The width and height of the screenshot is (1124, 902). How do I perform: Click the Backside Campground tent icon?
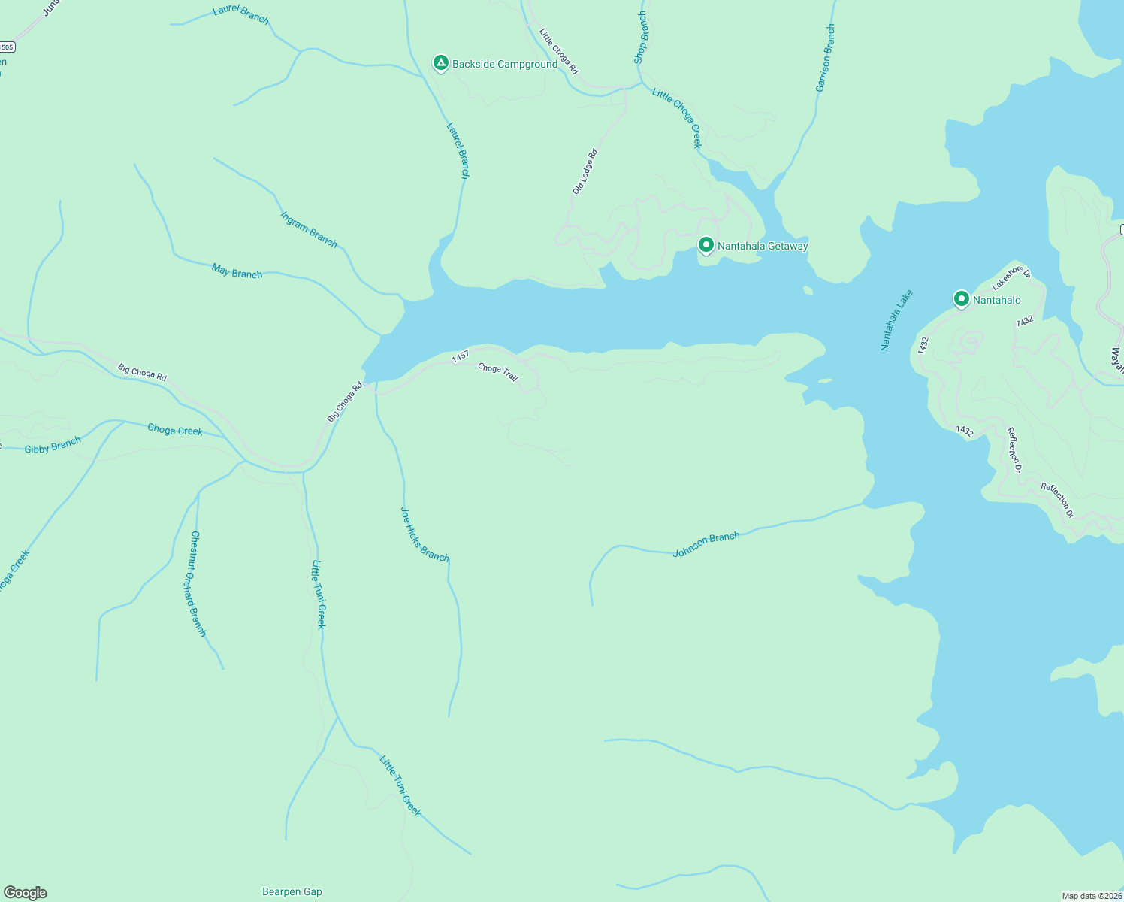[441, 63]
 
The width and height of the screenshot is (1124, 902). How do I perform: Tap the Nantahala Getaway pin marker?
[706, 245]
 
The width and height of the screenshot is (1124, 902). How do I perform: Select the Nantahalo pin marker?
[961, 299]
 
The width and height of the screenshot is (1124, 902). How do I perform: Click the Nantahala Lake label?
[896, 320]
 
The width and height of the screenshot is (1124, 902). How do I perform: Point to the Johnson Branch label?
[706, 544]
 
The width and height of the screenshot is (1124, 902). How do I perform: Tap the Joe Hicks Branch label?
[425, 534]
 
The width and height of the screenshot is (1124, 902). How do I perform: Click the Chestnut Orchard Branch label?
[198, 583]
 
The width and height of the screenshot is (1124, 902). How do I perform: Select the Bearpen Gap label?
[292, 892]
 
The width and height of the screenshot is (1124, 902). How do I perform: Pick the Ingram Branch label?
[309, 229]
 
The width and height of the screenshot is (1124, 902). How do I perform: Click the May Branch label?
[237, 271]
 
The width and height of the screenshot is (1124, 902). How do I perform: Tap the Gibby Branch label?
[53, 446]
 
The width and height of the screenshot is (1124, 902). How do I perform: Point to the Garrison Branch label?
[825, 59]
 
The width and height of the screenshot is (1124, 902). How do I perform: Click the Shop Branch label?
[640, 38]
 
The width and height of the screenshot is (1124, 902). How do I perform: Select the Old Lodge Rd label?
[585, 172]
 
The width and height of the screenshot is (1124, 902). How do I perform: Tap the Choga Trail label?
[498, 372]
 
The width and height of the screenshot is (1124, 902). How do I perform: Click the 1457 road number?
[460, 357]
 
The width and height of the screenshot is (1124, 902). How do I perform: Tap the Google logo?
[26, 893]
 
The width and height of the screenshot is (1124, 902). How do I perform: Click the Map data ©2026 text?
[1091, 896]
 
